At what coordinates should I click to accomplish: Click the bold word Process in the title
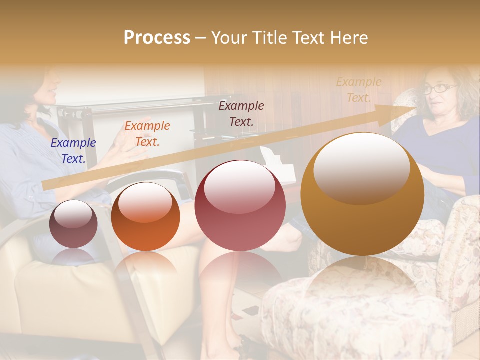pyautogui.click(x=157, y=38)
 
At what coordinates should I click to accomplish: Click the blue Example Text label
pyautogui.click(x=73, y=150)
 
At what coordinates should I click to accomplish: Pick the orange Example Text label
pyautogui.click(x=147, y=133)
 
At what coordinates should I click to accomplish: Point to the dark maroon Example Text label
pyautogui.click(x=241, y=113)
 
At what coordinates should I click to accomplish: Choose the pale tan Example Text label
pyautogui.click(x=358, y=90)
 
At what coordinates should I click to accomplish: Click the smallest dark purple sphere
pyautogui.click(x=73, y=224)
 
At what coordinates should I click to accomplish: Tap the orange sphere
pyautogui.click(x=145, y=216)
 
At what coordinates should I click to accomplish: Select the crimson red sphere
pyautogui.click(x=240, y=205)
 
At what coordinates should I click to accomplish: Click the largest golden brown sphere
pyautogui.click(x=362, y=194)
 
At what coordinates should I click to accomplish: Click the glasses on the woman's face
pyautogui.click(x=439, y=89)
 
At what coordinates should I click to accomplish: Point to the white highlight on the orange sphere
pyautogui.click(x=145, y=202)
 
